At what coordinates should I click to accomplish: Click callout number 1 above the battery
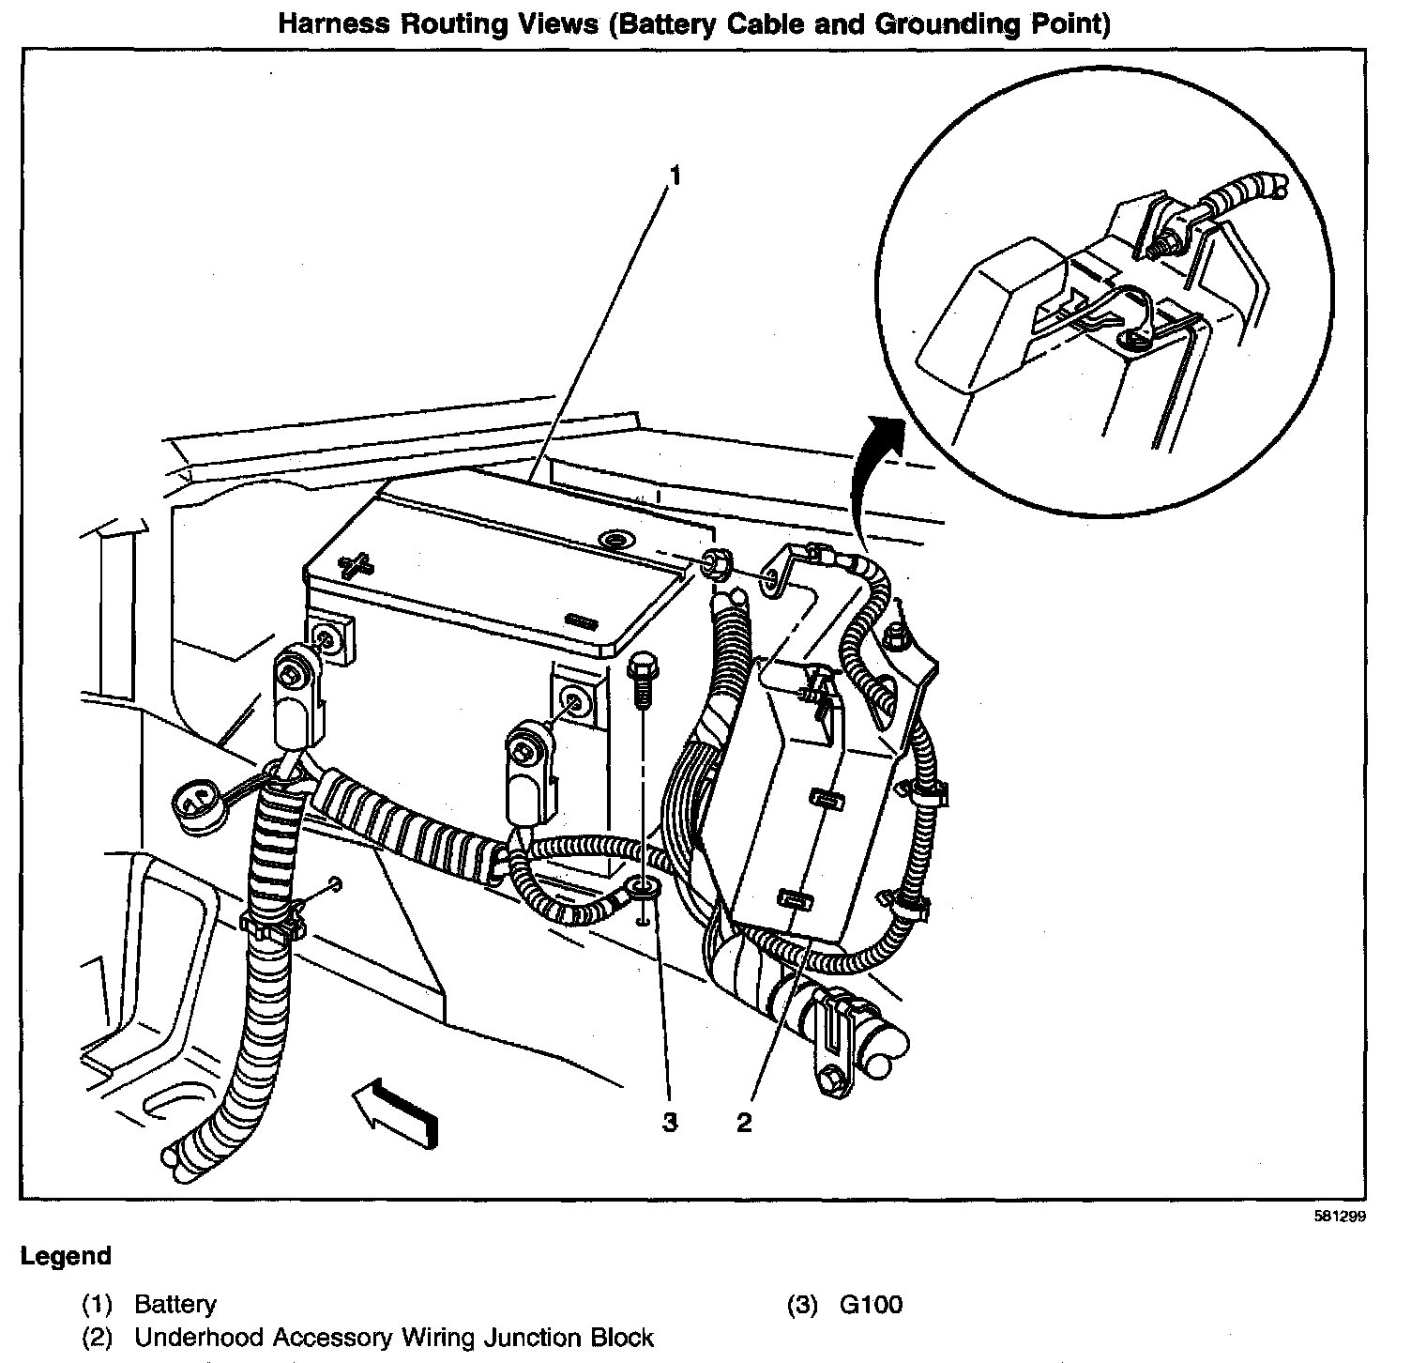pos(673,175)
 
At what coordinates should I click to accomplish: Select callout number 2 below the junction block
pos(744,1123)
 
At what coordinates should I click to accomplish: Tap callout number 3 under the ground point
pos(670,1123)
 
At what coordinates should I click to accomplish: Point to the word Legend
pos(66,1256)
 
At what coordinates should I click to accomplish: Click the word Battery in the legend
pos(175,1305)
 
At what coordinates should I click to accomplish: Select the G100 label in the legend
pos(871,1305)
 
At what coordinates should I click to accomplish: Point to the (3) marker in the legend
pos(800,1305)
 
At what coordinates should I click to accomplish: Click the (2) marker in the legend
pos(98,1338)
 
